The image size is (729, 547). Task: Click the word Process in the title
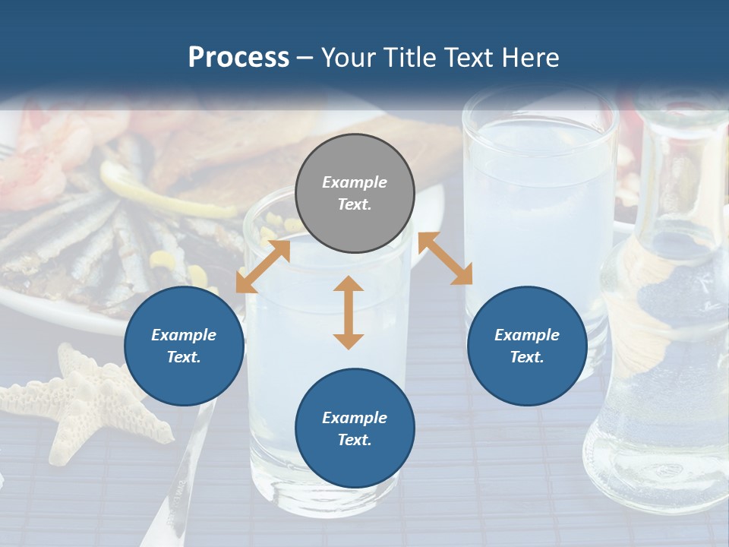(x=238, y=58)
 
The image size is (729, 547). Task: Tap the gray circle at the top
(x=355, y=194)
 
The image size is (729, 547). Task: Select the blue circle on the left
(x=184, y=346)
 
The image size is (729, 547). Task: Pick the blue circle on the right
(x=527, y=346)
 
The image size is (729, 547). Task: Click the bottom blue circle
(x=355, y=428)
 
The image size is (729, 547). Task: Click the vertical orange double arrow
(x=349, y=312)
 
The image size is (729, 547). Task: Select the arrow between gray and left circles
(x=263, y=266)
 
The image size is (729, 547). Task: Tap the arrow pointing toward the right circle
(x=445, y=258)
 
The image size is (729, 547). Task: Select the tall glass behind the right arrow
(x=539, y=190)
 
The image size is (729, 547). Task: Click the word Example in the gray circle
(x=355, y=182)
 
